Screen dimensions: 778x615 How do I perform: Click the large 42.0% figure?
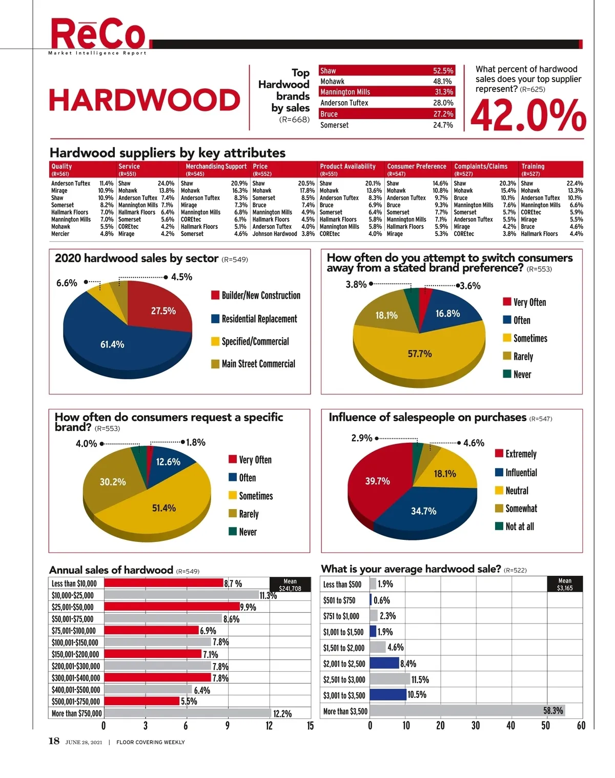tap(528, 115)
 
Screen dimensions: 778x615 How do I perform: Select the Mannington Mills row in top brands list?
tap(386, 92)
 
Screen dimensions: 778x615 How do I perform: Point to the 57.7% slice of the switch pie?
tap(419, 354)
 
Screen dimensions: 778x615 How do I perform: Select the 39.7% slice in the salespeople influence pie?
tap(378, 480)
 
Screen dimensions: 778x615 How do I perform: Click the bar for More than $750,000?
tap(188, 713)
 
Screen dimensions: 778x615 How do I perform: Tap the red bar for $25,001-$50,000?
tap(172, 607)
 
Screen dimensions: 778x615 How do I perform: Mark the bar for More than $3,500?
tap(474, 711)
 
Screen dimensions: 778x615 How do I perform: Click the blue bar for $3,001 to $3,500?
tap(387, 695)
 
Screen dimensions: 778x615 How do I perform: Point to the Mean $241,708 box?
tap(290, 585)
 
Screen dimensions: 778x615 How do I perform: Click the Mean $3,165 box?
tap(564, 585)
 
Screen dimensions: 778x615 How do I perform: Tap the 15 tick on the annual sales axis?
tap(310, 726)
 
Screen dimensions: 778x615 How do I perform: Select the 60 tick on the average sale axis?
tap(581, 726)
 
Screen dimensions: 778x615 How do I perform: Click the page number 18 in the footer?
tap(54, 741)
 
